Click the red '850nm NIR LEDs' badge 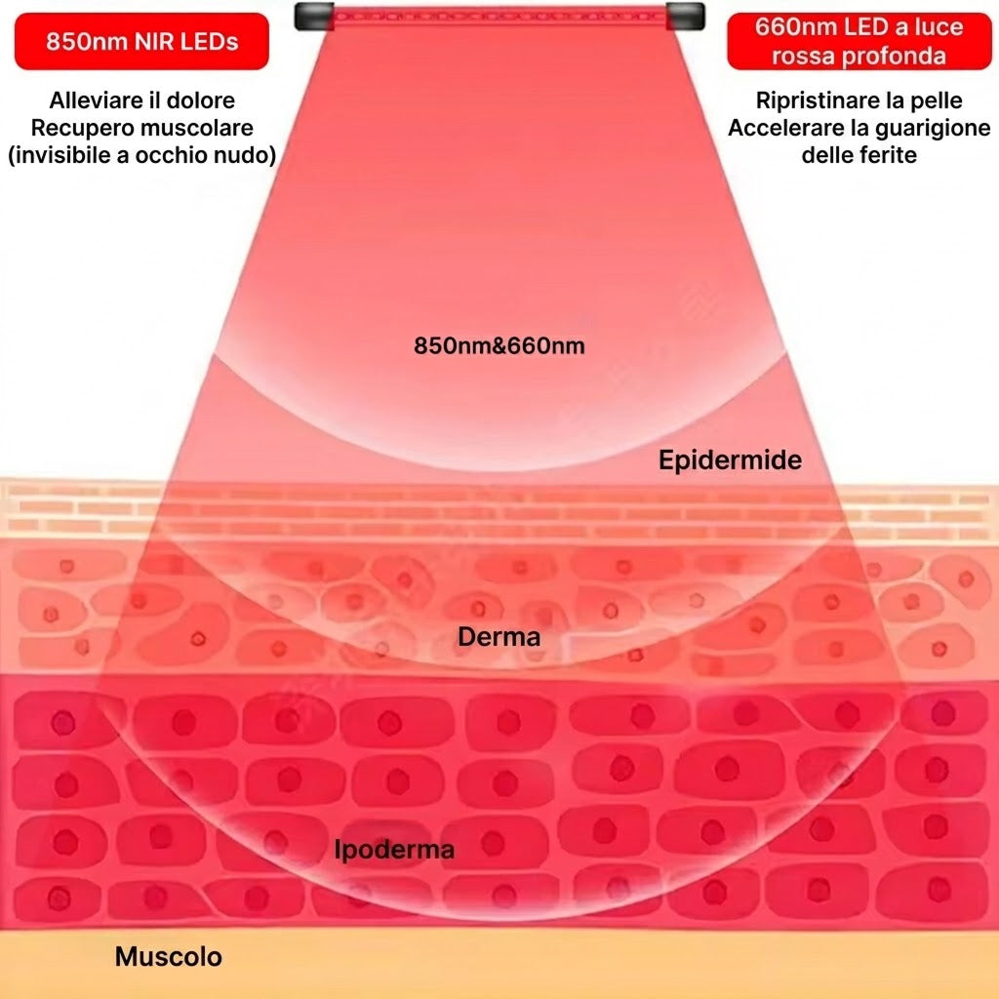141,41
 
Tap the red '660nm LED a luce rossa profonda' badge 859,41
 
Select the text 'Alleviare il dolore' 142,100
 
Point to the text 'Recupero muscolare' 142,128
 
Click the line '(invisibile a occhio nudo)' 142,155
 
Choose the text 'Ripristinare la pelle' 859,100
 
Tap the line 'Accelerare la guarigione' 859,128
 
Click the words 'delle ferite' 859,155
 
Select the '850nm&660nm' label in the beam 499,345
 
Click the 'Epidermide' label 730,460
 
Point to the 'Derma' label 499,636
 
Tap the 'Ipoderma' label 394,850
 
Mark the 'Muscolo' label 169,956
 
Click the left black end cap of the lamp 314,16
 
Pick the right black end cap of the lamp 686,16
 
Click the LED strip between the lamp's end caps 500,16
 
